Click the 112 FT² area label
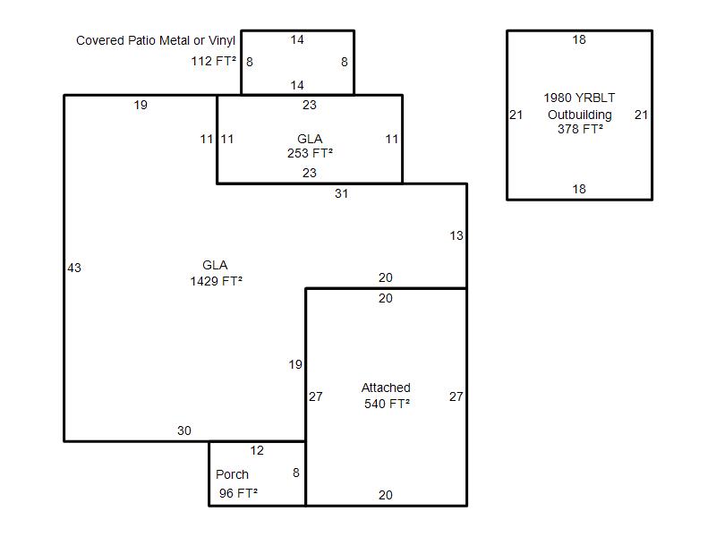214,62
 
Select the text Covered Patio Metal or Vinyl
156,40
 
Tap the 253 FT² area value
310,153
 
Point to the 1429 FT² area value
216,281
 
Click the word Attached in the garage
386,388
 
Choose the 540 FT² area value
387,404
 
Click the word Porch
232,474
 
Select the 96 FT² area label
238,493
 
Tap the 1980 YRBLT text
579,98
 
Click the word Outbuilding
579,115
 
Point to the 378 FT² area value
579,129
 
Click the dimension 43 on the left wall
74,268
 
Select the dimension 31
341,193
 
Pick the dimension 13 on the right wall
456,236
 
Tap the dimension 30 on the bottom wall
183,430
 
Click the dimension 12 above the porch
257,450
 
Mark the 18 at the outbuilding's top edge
579,40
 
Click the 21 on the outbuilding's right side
641,115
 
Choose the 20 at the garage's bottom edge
385,495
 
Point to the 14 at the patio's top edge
297,40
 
